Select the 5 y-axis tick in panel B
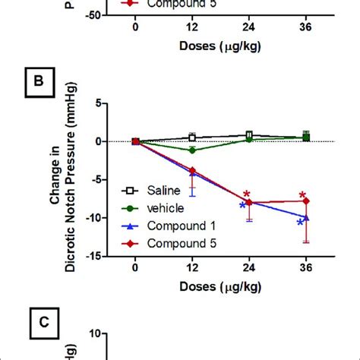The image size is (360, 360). coord(99,103)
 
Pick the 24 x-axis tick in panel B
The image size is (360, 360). coord(248,267)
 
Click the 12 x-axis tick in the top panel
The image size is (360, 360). coord(191,27)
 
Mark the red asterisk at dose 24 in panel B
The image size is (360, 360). coord(247,194)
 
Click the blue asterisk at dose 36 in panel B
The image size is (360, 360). coord(300,223)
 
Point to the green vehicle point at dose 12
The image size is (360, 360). coord(192,150)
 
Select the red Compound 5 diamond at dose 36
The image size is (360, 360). coord(306,201)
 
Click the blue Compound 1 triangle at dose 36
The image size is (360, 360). coord(306,217)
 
